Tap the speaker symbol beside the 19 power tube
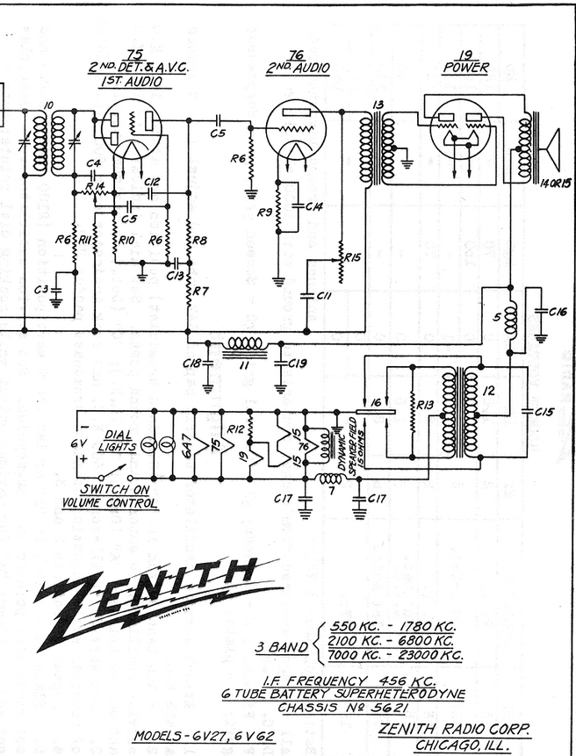[551, 152]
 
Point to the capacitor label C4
[94, 163]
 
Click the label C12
[152, 182]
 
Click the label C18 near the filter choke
[192, 362]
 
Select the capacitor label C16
[558, 311]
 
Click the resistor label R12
[234, 428]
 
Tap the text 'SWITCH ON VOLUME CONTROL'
[111, 497]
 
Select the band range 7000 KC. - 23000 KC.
[395, 655]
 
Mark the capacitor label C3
[40, 289]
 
